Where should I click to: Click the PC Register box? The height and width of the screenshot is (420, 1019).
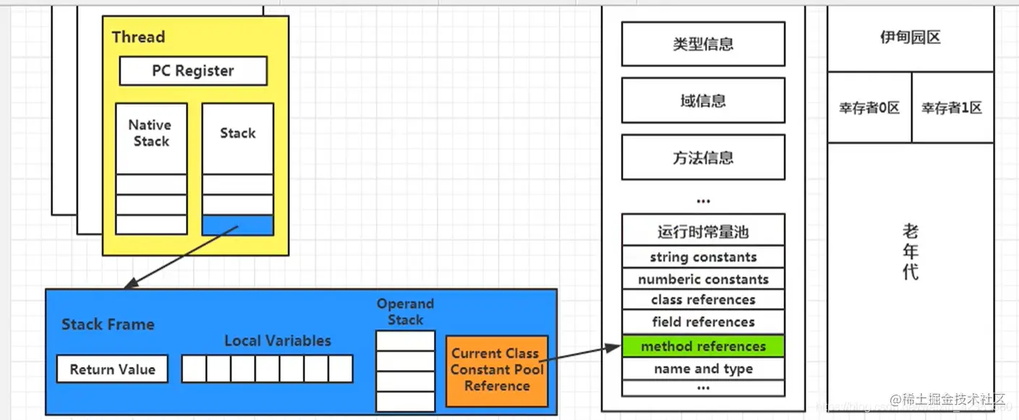[193, 71]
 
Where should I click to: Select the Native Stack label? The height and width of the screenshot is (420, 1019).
[151, 134]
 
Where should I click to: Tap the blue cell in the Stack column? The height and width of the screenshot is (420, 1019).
[237, 225]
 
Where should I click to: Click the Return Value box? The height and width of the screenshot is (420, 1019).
[112, 369]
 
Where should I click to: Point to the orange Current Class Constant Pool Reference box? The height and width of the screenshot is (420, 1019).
[497, 369]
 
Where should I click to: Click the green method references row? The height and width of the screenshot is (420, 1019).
[703, 346]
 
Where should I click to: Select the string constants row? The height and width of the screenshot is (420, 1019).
[703, 257]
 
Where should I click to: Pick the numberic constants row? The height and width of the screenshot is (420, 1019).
[703, 279]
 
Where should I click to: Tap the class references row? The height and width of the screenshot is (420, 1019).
[703, 300]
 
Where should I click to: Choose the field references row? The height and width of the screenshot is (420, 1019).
[703, 322]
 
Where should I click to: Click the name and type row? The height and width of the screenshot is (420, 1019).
[703, 369]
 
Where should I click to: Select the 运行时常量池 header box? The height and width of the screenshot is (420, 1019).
[703, 231]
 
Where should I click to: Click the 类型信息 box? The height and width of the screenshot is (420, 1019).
[703, 44]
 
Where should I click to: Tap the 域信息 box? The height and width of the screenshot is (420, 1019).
[703, 100]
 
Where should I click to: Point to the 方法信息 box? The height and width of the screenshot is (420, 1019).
[703, 157]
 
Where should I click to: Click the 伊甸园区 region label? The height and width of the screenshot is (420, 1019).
[911, 38]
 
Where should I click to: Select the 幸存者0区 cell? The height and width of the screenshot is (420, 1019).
[869, 108]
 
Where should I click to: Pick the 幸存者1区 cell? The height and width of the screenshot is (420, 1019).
[952, 108]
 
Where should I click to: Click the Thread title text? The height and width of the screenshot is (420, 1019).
[138, 37]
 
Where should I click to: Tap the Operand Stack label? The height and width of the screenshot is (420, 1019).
[405, 312]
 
